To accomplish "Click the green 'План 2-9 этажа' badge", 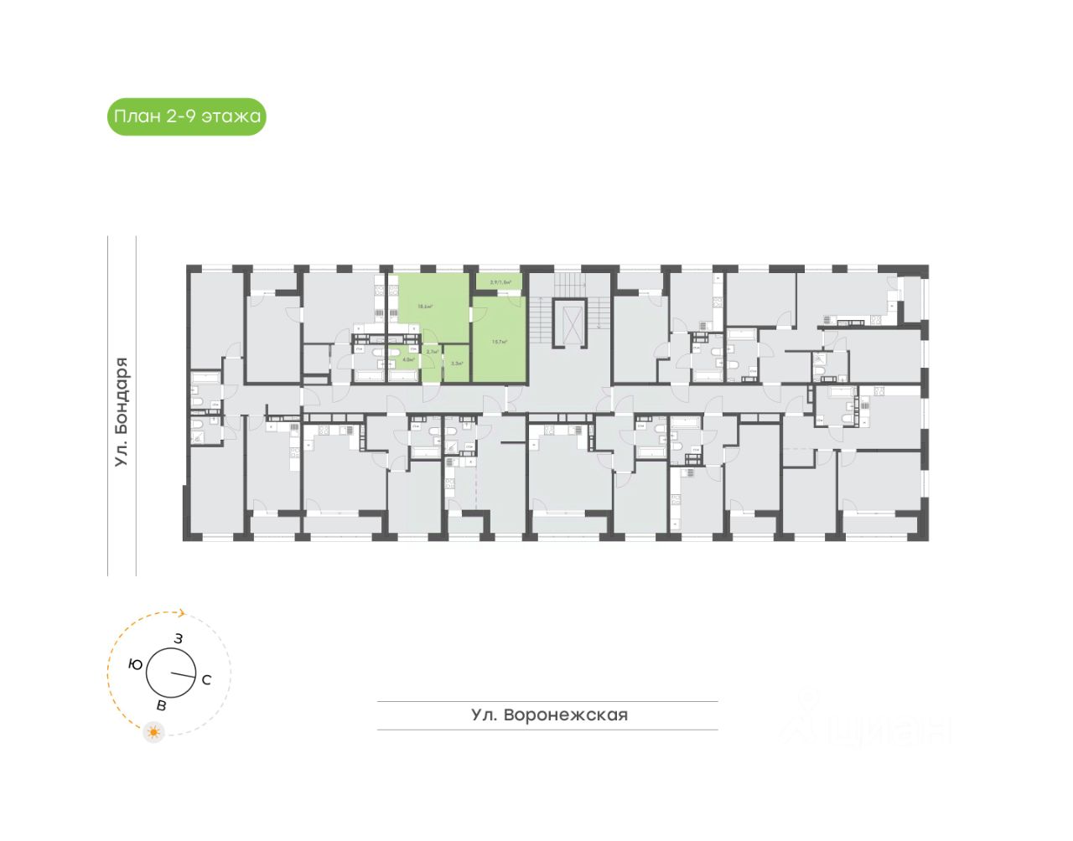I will pos(186,116).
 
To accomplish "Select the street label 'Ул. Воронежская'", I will pos(549,715).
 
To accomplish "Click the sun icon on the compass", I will pos(153,732).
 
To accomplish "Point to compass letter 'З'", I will pos(179,638).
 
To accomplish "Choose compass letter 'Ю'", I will pos(135,664).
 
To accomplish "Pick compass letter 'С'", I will pos(206,679).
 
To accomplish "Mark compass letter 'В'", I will pos(161,705).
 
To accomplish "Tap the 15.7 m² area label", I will pos(500,342).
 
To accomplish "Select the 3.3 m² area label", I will pos(457,364).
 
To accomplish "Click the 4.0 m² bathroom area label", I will pos(408,359).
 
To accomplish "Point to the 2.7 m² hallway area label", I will pos(432,352).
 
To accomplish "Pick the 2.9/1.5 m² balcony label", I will pos(500,282).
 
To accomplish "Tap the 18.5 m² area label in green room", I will pos(425,307).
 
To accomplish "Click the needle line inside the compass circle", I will pos(182,674).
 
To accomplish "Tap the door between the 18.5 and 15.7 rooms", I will pos(474,315).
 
